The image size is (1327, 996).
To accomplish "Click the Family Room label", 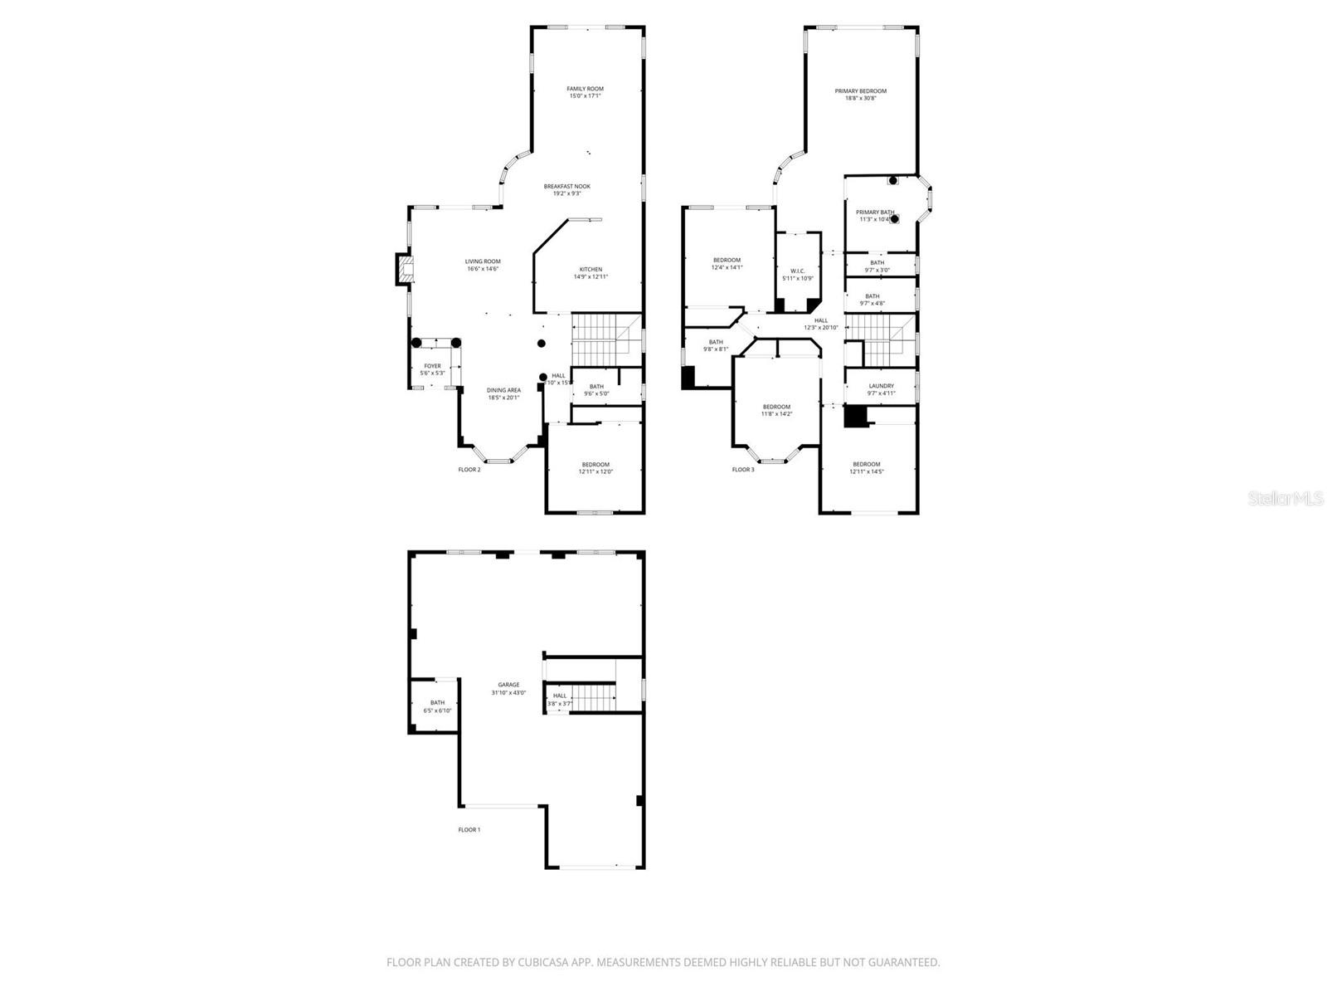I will click(x=585, y=89).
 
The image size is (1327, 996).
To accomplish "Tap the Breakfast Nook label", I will click(x=567, y=187).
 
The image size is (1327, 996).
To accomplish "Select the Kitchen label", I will click(x=591, y=270).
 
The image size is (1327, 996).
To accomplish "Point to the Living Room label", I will click(x=483, y=261).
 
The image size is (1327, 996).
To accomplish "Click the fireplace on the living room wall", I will click(x=404, y=268).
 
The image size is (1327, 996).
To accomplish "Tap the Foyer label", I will click(x=433, y=366).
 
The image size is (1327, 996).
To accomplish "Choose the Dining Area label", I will click(x=503, y=390).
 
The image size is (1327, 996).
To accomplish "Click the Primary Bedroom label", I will click(x=860, y=91).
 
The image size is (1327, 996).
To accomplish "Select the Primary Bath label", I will click(x=875, y=212).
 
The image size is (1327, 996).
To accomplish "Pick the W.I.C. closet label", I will click(x=798, y=271).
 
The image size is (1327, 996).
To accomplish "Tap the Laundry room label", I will click(x=882, y=386).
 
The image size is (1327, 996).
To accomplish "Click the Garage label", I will click(x=508, y=685).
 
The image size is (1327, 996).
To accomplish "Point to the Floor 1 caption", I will click(x=469, y=829).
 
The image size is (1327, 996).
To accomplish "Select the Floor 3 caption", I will click(x=743, y=470).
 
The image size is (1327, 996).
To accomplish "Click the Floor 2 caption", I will click(x=469, y=470).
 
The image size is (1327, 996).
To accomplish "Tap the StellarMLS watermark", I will click(x=1286, y=498).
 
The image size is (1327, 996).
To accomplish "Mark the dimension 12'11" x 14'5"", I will click(x=867, y=471).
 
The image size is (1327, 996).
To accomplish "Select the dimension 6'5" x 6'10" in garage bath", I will click(x=437, y=710).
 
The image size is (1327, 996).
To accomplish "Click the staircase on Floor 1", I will click(x=594, y=697).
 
